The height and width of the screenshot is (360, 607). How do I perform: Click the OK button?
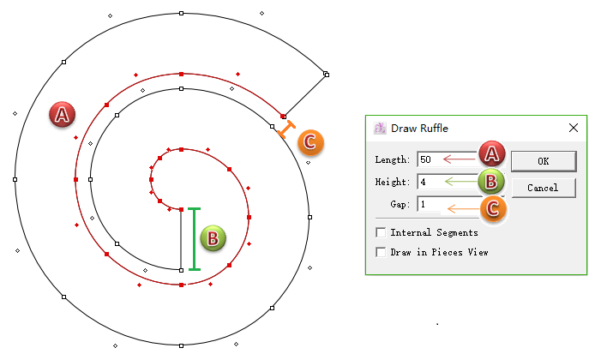tap(544, 161)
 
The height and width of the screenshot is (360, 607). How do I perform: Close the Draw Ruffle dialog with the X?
tap(574, 128)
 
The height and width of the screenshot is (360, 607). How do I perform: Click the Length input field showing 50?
tap(448, 159)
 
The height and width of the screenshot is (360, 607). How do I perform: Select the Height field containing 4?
tap(448, 182)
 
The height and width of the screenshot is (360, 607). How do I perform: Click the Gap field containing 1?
tap(448, 204)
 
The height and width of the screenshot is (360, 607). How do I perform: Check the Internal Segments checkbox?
tap(381, 232)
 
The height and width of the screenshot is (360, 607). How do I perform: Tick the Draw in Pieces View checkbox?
tap(381, 252)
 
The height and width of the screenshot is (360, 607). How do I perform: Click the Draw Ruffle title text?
tap(419, 128)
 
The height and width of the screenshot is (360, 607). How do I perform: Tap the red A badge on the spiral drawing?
tap(62, 115)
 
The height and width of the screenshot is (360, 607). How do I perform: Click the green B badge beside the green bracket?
tap(213, 238)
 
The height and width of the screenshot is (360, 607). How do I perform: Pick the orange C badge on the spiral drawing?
tap(310, 142)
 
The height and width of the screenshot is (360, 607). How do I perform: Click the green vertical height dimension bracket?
tap(195, 239)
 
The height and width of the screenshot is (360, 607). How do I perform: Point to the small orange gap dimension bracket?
tap(286, 129)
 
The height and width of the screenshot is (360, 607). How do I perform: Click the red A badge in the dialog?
tap(492, 153)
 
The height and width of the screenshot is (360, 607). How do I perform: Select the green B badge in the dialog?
tap(491, 181)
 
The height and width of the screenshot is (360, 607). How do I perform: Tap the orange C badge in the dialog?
tap(493, 208)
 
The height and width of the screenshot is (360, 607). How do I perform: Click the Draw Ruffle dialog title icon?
tap(380, 128)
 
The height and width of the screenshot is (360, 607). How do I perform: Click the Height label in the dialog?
tap(393, 182)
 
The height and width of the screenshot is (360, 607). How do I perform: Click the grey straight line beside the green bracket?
tap(181, 240)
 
